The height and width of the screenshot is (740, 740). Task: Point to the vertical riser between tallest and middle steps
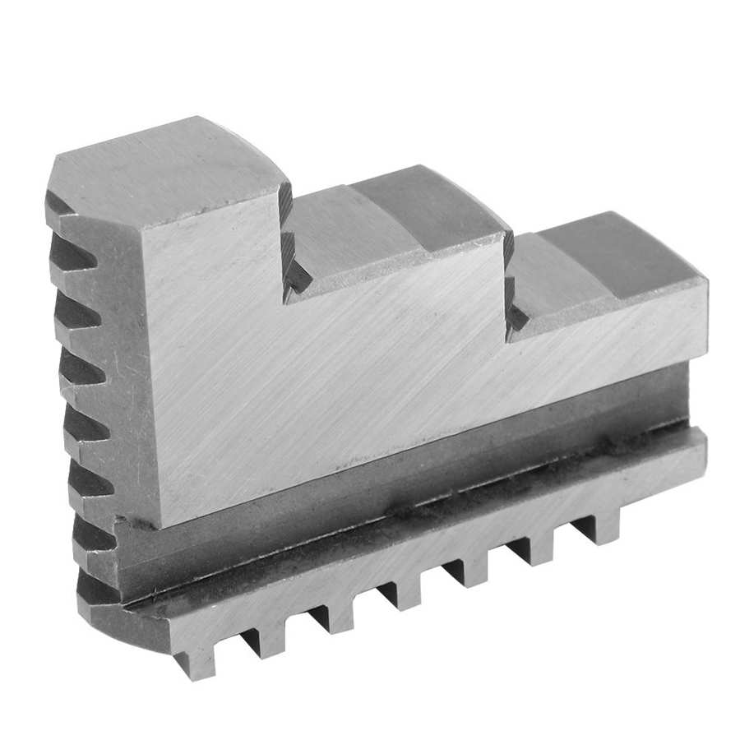(288, 247)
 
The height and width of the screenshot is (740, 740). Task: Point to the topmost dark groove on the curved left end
(66, 206)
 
